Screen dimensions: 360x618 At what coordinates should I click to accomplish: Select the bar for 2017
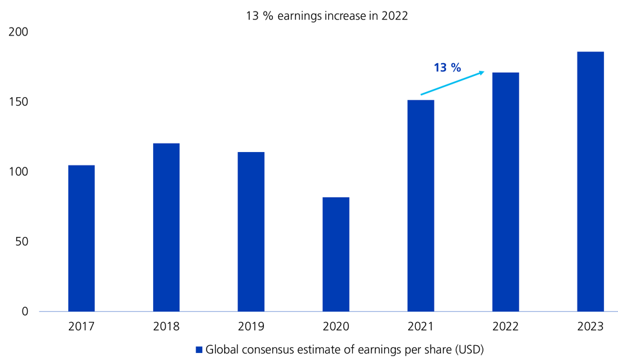81,238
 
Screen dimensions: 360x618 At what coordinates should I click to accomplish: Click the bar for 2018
166,227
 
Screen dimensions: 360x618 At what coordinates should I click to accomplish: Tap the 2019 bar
251,232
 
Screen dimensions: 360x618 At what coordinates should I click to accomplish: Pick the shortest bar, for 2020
336,254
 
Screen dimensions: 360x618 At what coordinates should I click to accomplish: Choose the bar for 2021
421,205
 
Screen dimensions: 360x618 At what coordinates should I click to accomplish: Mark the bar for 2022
505,192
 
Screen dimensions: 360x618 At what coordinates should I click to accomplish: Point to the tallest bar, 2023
590,182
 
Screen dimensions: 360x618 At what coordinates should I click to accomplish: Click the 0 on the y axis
25,312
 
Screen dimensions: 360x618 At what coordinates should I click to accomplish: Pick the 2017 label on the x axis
81,327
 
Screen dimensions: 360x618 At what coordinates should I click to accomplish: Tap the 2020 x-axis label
336,327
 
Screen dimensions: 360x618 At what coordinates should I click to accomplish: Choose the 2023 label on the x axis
590,327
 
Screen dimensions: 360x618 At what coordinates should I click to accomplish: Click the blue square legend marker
199,350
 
